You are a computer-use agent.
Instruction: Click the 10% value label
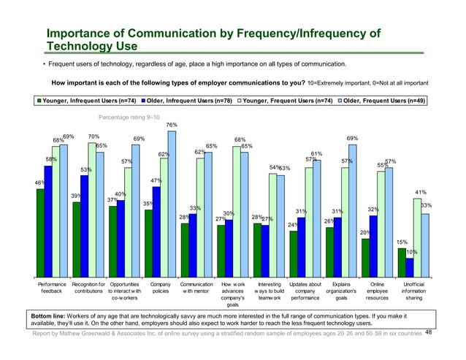[x=411, y=252]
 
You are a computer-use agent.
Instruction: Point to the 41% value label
[x=420, y=192]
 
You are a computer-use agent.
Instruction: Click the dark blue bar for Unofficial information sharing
[x=410, y=268]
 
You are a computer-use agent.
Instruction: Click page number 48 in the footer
[x=429, y=332]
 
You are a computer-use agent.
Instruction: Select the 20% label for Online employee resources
[x=364, y=232]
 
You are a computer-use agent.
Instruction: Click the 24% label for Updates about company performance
[x=291, y=225]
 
